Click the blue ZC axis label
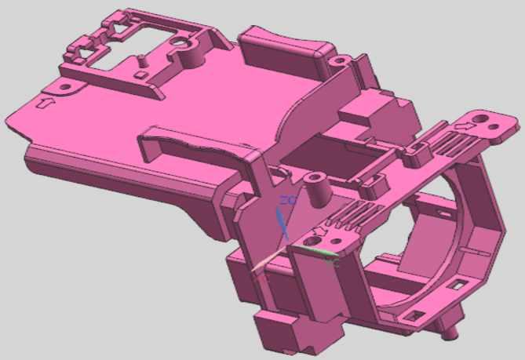coord(289,202)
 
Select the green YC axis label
coord(333,264)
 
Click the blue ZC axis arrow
coord(284,224)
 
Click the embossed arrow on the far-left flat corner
coord(45,102)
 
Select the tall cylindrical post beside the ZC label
coord(317,188)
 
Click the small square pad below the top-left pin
coord(140,75)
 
